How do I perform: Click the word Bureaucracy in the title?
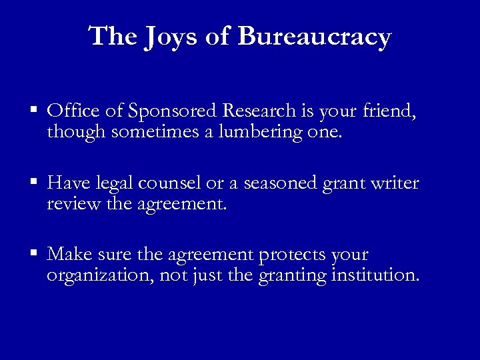pyautogui.click(x=314, y=37)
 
